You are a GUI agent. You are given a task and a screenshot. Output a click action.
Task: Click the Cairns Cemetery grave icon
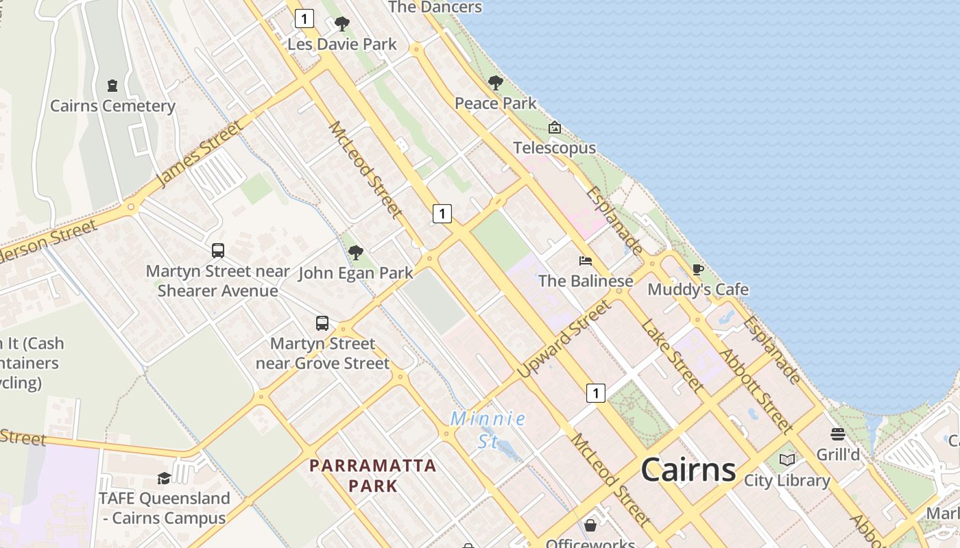[x=112, y=86]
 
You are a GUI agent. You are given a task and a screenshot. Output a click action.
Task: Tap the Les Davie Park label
[x=341, y=45]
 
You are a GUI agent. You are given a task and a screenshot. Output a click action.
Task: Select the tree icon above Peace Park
[x=495, y=84]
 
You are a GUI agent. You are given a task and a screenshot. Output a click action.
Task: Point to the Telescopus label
[x=554, y=148]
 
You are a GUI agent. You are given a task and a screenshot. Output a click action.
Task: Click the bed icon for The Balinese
[x=585, y=261]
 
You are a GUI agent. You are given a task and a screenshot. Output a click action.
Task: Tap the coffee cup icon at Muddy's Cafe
[x=697, y=269]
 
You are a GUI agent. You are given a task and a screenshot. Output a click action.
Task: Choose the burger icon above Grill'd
[x=837, y=434]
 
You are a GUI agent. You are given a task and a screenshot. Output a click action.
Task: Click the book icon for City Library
[x=787, y=460]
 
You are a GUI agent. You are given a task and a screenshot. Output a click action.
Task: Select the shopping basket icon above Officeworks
[x=590, y=525]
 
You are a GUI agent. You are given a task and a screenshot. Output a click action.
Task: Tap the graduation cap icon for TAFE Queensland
[x=163, y=478]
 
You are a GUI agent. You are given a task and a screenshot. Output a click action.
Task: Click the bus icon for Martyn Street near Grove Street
[x=322, y=323]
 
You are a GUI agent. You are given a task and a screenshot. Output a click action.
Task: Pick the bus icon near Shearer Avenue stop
[x=218, y=251]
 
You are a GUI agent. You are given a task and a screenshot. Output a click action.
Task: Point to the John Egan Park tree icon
[x=355, y=253]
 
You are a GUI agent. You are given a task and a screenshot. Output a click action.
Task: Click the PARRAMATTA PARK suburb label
[x=372, y=475]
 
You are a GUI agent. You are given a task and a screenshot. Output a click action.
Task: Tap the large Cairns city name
[x=688, y=470]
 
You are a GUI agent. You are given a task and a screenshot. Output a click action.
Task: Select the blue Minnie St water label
[x=488, y=429]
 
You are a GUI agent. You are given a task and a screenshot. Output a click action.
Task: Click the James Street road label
[x=200, y=154]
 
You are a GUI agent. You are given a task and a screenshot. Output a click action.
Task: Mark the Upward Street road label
[x=564, y=339]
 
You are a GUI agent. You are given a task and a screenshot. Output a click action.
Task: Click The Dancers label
[x=435, y=8]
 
